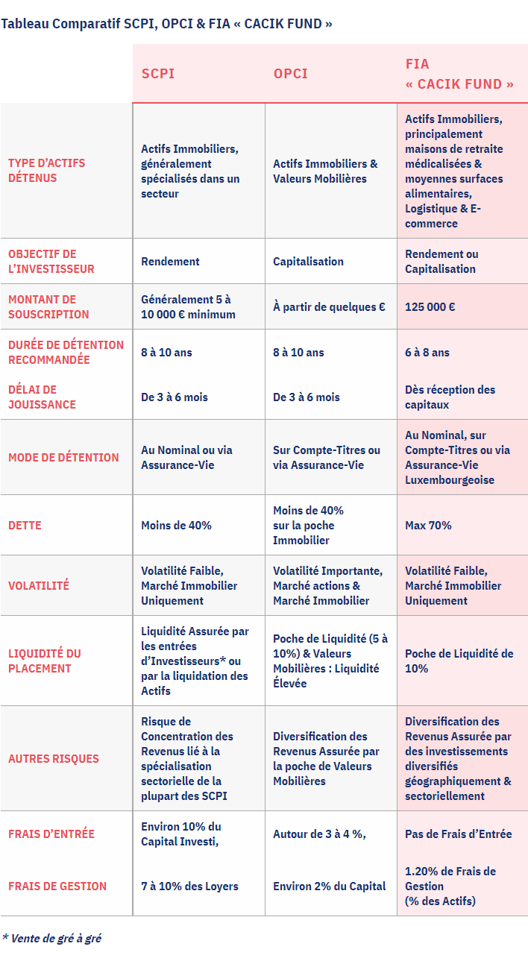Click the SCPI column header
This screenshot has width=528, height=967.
pos(158,74)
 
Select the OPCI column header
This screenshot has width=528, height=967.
pos(290,74)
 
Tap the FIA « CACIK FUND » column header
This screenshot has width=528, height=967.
pos(459,74)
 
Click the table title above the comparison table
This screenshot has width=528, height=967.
pos(166,23)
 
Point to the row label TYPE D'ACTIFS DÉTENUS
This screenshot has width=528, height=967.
pos(46,171)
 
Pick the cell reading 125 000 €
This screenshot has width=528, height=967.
pos(430,306)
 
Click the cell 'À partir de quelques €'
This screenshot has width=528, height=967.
pos(329,306)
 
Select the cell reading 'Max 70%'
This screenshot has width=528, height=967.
pos(428,525)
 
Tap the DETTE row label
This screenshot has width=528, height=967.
pos(25,525)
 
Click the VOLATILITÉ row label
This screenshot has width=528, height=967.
pos(38,585)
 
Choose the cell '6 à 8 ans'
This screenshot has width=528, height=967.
pos(427,352)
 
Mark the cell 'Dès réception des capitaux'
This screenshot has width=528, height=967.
pos(450,397)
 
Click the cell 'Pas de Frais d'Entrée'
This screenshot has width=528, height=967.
pos(458,834)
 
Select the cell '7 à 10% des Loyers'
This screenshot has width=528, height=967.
pos(189,886)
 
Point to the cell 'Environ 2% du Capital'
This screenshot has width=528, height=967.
pos(329,886)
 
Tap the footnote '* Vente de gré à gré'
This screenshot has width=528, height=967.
pos(51,938)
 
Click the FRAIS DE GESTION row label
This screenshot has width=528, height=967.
pos(57,886)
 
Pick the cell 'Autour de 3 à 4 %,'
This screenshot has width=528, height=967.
pos(319,834)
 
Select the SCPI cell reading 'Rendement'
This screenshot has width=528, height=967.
pos(170,261)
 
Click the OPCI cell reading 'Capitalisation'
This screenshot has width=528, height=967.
pos(308,261)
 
